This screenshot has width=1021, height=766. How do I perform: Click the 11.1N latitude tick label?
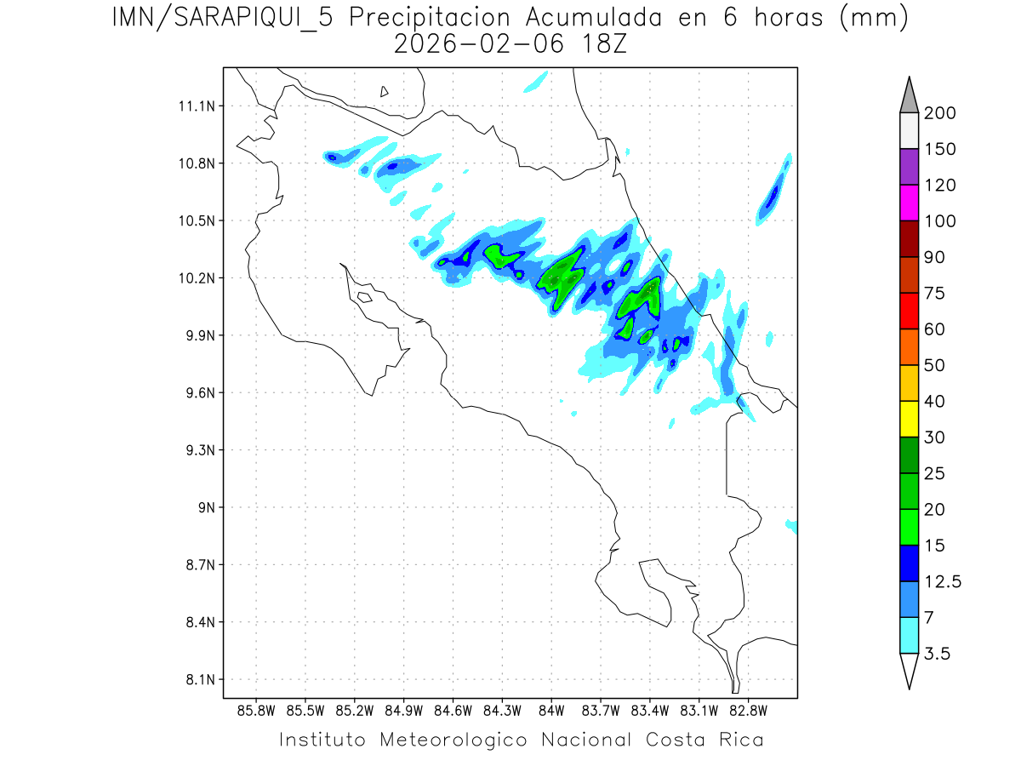click(195, 106)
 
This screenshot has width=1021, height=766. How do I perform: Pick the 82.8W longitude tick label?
click(748, 710)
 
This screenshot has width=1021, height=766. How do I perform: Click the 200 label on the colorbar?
click(940, 113)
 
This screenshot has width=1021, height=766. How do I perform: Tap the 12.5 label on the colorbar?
click(943, 582)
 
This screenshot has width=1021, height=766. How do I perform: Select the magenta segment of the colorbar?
click(908, 203)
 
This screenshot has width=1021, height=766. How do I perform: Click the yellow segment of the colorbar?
click(908, 419)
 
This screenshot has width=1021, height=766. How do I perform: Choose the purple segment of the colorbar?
click(908, 167)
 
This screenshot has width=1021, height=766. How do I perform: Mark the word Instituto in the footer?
click(322, 740)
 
